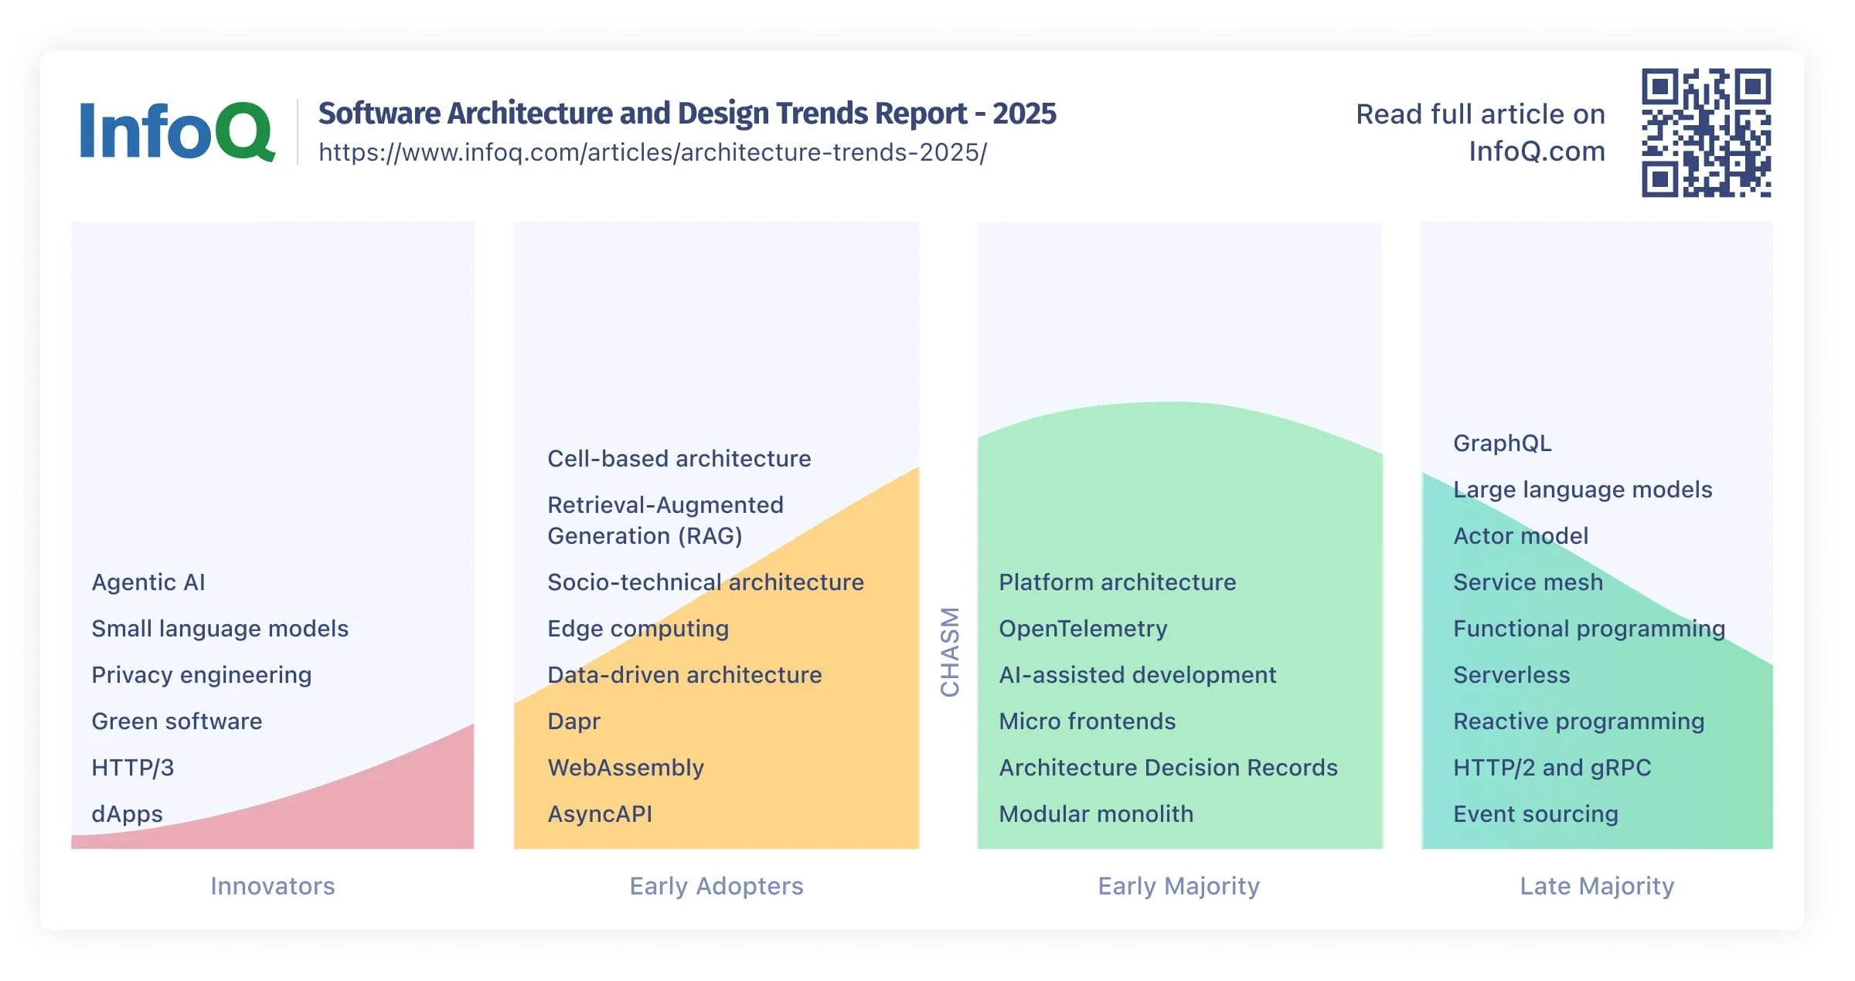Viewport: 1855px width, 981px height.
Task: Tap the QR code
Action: (1706, 133)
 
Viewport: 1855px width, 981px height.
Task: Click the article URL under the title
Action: (652, 152)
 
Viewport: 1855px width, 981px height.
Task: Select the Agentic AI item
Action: (148, 582)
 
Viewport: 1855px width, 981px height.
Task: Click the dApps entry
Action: (127, 813)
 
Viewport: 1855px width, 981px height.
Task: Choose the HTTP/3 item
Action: (133, 767)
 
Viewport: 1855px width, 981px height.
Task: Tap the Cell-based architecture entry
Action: (679, 458)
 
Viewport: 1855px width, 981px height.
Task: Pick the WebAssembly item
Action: (625, 767)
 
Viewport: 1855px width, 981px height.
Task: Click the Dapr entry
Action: (574, 721)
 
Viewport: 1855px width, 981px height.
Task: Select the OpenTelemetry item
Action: (1083, 628)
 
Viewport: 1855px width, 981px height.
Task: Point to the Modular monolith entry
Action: (1096, 813)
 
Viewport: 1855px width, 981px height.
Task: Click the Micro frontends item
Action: (1087, 721)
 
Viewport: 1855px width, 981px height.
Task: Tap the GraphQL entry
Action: (1502, 443)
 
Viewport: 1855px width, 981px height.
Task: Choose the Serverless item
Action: (1511, 674)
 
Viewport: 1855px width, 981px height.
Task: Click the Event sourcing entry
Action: (1535, 813)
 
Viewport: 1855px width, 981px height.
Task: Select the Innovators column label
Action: (273, 885)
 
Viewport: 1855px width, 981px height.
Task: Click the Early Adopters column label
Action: (716, 885)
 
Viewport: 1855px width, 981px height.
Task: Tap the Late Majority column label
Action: (1597, 885)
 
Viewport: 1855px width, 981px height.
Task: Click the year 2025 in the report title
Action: (1024, 113)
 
